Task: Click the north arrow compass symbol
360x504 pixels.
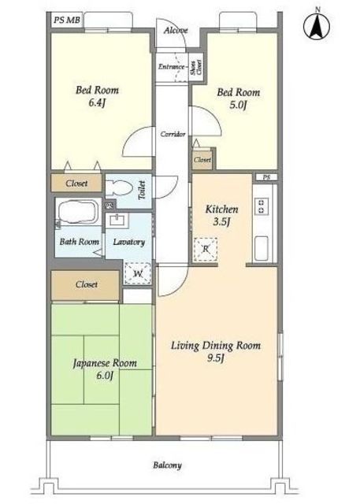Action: click(317, 26)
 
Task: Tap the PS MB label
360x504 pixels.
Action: click(66, 20)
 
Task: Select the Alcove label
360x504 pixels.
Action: click(176, 31)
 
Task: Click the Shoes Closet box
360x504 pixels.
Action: click(195, 69)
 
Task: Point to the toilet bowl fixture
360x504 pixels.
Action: click(119, 188)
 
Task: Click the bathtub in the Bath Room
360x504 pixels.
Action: click(79, 212)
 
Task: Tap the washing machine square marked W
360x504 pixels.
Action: click(138, 274)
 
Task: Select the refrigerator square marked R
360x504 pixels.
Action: click(206, 249)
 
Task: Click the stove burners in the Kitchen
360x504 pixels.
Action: click(262, 206)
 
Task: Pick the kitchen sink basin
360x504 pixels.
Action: click(261, 248)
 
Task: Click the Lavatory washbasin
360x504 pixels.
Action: click(117, 220)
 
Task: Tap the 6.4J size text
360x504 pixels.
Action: click(97, 103)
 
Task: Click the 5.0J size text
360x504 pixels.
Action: click(238, 105)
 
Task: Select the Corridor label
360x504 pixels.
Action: click(173, 134)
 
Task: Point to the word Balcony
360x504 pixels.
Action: click(167, 465)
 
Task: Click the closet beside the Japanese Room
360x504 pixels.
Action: click(86, 285)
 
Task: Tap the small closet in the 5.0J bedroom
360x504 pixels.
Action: click(202, 160)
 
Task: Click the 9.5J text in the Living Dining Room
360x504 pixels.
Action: click(215, 358)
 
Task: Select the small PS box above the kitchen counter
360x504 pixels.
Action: click(266, 177)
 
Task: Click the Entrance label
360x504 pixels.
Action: click(171, 67)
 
